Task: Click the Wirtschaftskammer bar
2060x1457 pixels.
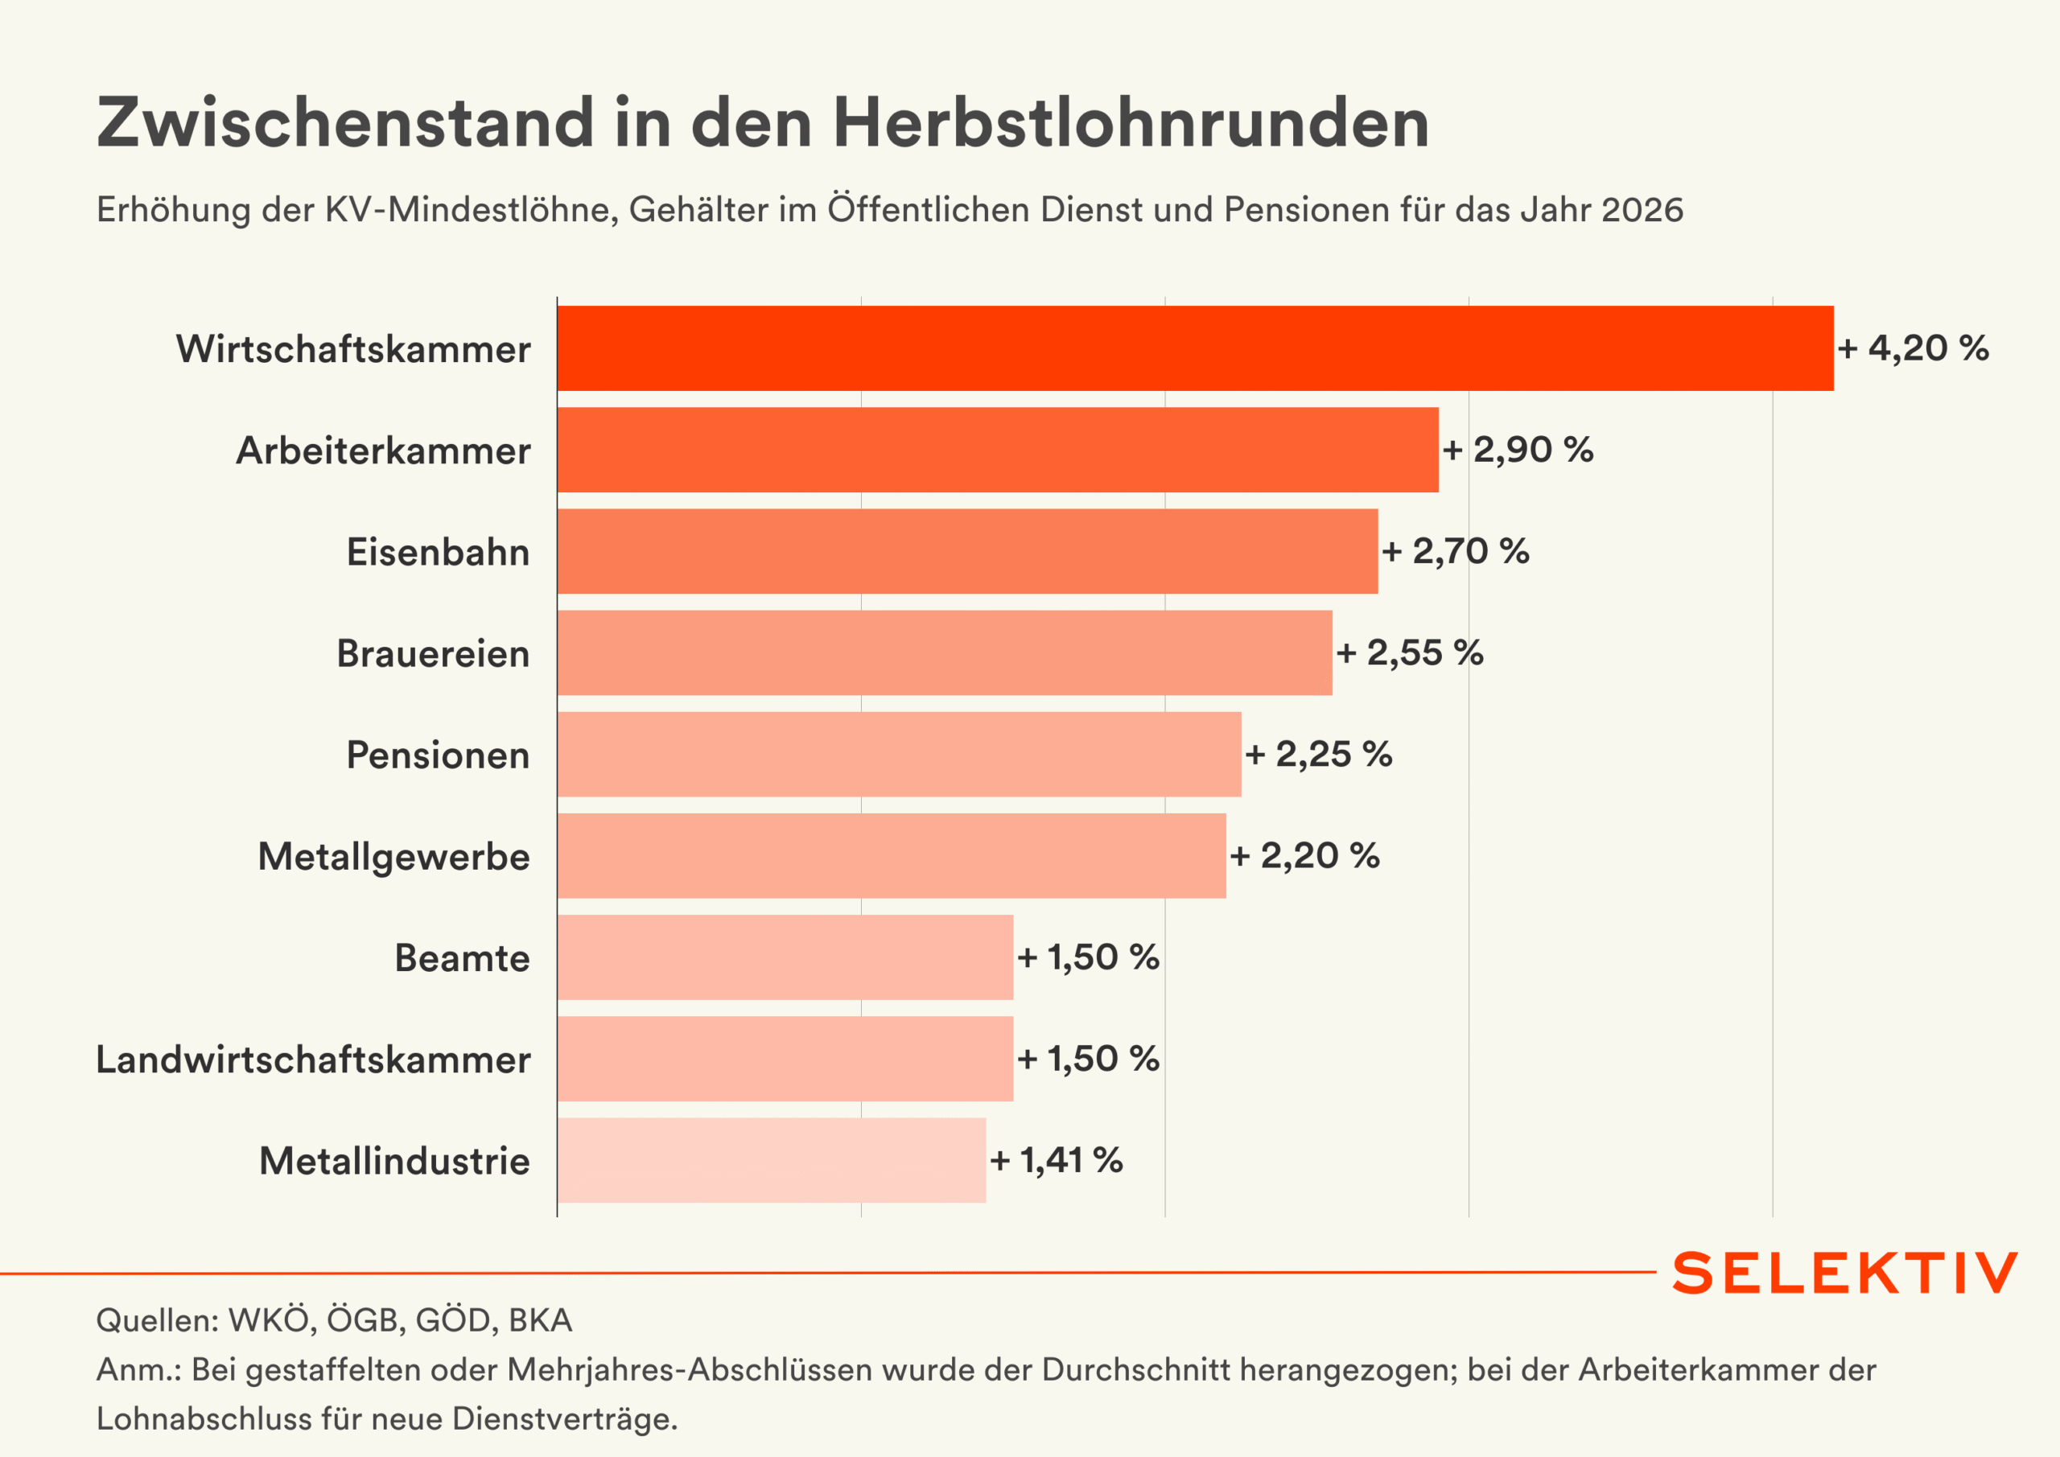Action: (1194, 348)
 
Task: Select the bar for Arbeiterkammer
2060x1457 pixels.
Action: (997, 450)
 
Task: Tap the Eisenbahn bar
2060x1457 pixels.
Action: (966, 551)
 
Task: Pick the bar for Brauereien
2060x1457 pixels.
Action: (944, 652)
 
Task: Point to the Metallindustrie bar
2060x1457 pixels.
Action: (771, 1159)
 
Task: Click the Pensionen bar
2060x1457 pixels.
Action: (898, 754)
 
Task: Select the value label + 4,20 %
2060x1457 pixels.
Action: (1912, 348)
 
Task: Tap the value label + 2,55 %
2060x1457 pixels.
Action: (1409, 652)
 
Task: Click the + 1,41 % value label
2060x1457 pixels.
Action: (1055, 1160)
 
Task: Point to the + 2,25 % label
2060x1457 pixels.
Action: (1318, 754)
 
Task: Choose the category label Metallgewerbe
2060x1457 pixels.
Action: (393, 856)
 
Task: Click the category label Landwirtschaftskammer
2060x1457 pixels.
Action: (313, 1059)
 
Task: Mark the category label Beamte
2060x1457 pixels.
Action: (462, 957)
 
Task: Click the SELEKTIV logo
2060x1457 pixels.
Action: (1844, 1272)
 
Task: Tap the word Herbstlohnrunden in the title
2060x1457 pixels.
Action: (1131, 122)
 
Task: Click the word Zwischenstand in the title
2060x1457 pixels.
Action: (345, 122)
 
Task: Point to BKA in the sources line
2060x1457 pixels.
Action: (540, 1319)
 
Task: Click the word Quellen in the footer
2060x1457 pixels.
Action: (156, 1319)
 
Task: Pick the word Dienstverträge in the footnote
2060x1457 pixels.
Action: (563, 1418)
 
